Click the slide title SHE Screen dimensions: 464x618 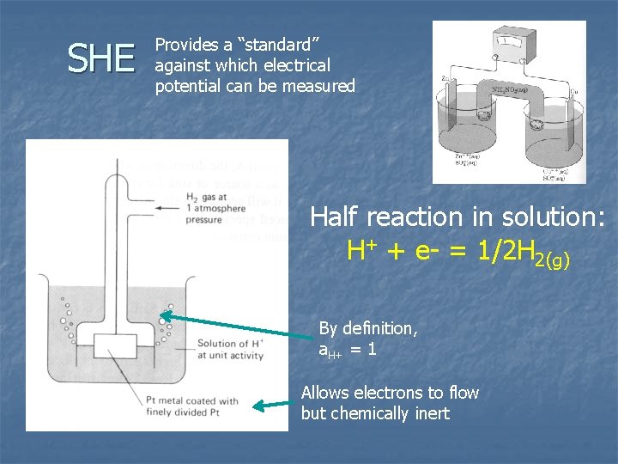click(101, 58)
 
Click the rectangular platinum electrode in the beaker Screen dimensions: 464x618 click(116, 347)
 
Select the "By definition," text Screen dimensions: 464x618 click(368, 327)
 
